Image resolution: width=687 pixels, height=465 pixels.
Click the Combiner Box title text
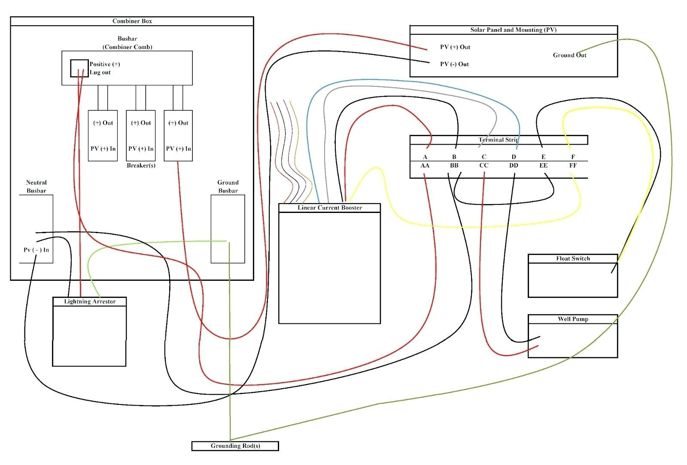coord(132,21)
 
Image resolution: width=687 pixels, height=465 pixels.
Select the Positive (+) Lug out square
coord(79,68)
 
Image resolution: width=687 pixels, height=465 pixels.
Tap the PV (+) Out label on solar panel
coord(455,47)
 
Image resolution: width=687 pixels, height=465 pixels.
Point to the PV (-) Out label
coord(454,64)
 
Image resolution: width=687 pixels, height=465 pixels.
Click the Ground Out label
coord(569,55)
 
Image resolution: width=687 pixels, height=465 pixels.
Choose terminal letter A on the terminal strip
coord(425,157)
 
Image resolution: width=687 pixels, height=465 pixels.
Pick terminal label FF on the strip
coord(573,166)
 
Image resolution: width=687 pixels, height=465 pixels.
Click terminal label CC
coord(484,166)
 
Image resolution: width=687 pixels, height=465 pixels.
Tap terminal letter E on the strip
coord(543,157)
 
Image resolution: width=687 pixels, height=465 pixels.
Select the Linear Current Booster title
coord(329,208)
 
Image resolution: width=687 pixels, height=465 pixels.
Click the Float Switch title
coord(573,258)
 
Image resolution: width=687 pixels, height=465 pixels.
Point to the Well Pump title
coord(573,319)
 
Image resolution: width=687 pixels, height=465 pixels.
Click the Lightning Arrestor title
coord(90,302)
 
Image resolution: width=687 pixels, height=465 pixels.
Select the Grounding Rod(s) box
coord(235,446)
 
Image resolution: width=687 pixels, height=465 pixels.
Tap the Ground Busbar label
coord(228,187)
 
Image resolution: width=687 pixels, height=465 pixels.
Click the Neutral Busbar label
coord(36,187)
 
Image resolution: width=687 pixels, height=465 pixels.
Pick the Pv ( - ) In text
coord(36,250)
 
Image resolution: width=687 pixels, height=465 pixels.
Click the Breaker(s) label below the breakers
coord(141,166)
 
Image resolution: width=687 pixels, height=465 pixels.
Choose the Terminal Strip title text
coord(498,140)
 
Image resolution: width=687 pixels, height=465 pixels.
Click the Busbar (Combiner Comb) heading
coord(127,43)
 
